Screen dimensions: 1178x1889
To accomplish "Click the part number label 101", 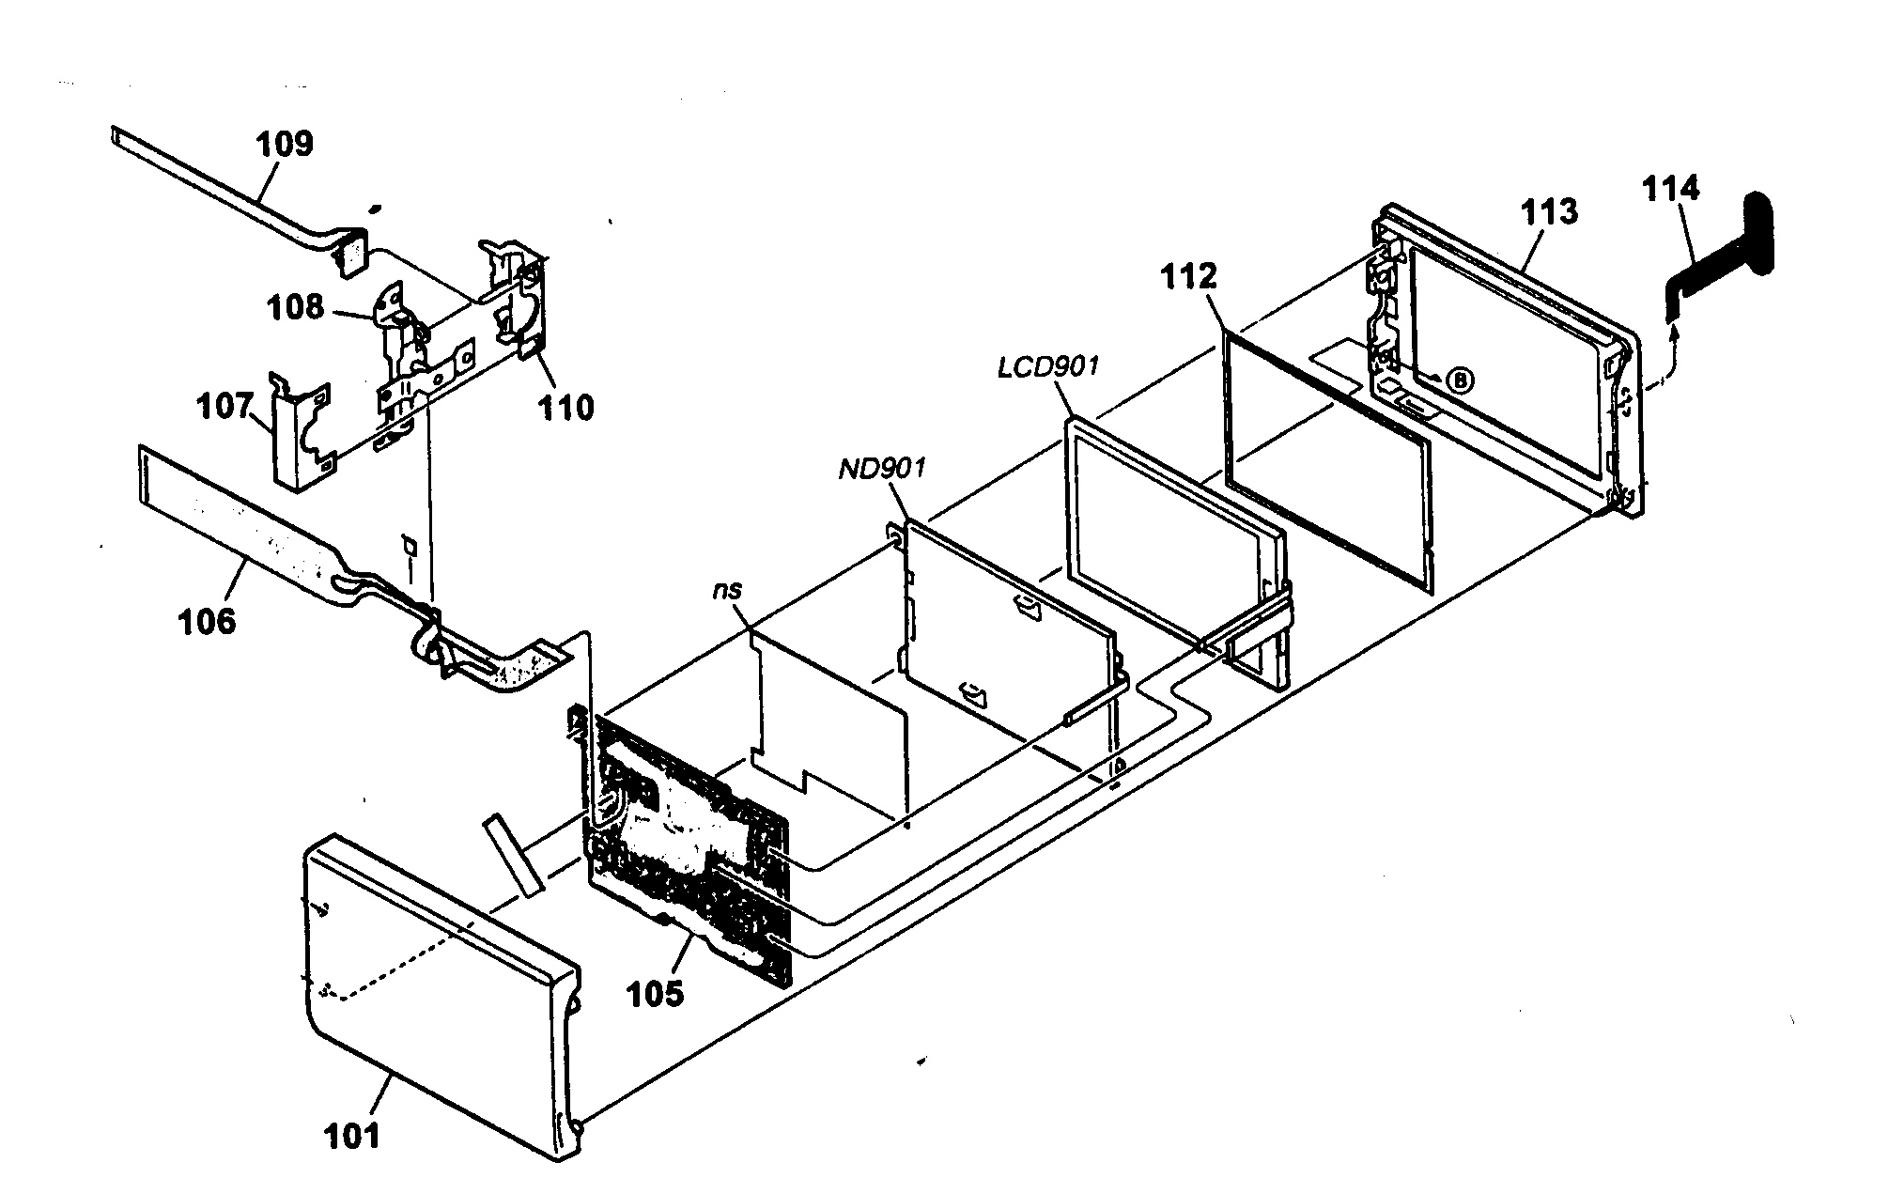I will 352,1135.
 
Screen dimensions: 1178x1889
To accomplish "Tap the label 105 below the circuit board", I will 655,994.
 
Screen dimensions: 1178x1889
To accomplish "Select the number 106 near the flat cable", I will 207,621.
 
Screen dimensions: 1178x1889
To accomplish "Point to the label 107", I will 224,407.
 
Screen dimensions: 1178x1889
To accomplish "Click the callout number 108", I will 294,307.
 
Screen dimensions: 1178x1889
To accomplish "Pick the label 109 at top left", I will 285,144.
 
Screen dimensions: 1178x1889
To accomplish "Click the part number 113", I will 1549,211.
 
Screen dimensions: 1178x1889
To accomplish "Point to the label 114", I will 1670,189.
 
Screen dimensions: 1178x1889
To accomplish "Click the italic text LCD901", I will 1047,366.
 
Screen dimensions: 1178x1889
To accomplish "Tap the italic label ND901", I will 882,467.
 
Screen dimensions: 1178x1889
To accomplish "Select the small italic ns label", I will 727,589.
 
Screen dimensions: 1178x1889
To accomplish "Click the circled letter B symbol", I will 1459,380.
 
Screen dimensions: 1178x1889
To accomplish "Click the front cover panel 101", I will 432,986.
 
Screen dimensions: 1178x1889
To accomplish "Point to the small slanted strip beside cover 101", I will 514,855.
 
